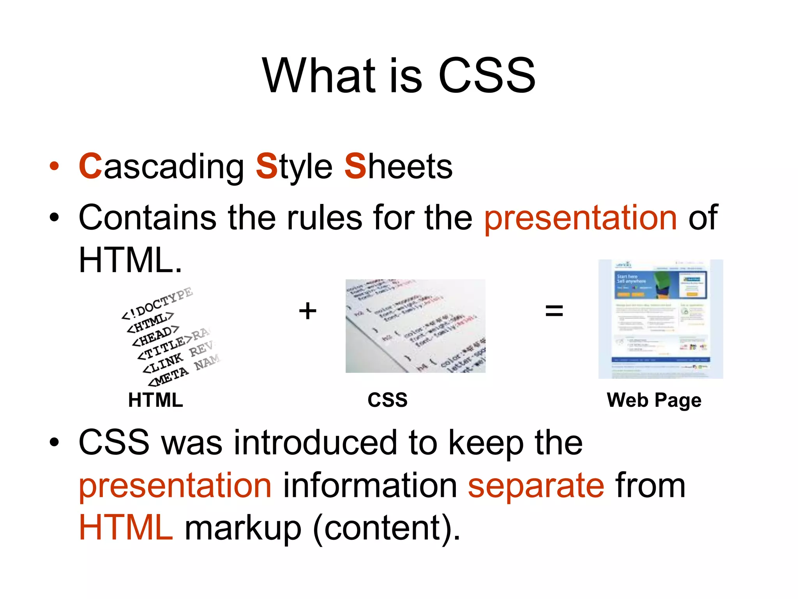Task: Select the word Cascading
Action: tap(161, 167)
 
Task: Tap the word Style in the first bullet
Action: tap(294, 167)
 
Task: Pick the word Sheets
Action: tap(398, 167)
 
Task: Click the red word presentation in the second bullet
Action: tap(581, 218)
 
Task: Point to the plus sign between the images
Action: tap(307, 311)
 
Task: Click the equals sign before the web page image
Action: tap(554, 311)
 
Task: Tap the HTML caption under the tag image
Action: tap(155, 400)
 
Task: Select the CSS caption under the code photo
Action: tap(387, 400)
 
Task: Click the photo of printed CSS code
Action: tap(415, 326)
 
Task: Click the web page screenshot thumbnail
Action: tap(660, 319)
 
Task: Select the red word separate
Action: tap(536, 486)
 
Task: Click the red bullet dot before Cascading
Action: tap(54, 167)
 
